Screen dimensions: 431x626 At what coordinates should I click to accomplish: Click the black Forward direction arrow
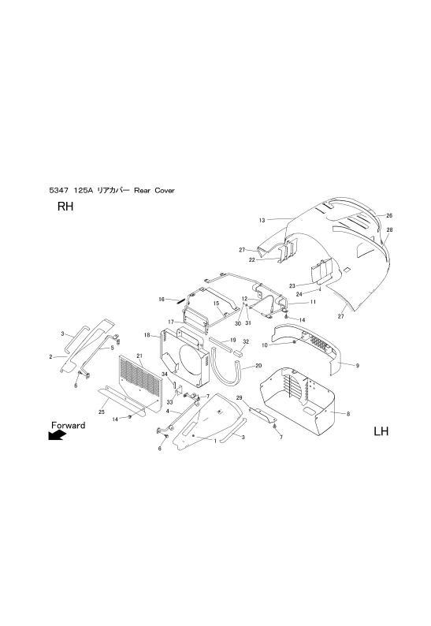coord(57,434)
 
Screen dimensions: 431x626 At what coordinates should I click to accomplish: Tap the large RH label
coord(65,207)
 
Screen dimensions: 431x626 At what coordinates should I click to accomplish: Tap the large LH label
coord(381,431)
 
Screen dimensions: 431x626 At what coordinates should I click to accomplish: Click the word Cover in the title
coord(165,191)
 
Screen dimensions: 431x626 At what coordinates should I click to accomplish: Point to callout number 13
coord(262,220)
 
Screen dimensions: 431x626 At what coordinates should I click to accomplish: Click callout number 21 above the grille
coord(139,356)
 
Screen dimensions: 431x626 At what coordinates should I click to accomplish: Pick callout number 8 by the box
coord(348,414)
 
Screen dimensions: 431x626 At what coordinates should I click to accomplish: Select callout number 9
coord(357,365)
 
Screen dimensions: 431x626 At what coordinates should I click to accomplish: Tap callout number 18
coord(147,335)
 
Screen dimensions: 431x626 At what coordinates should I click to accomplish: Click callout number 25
coord(102,412)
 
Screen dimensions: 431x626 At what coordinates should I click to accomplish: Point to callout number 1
coord(215,441)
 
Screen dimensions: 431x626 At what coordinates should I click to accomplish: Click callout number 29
coord(239,397)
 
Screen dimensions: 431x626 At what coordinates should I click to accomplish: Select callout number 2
coord(50,357)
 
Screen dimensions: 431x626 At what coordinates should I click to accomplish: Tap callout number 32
coord(246,341)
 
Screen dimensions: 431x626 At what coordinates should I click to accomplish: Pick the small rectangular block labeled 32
coord(239,352)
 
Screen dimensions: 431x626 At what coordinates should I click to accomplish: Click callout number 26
coord(389,215)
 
